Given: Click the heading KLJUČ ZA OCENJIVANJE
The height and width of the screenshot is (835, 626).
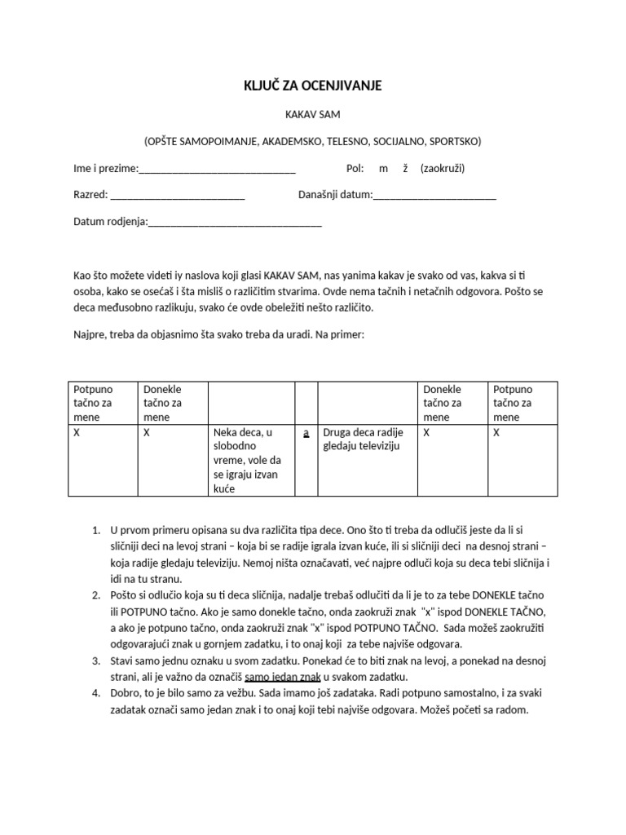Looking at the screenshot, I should pos(314,85).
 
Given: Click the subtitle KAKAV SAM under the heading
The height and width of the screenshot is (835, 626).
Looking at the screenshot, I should pos(314,115).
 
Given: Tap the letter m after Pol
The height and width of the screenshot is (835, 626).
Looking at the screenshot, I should pos(383,169).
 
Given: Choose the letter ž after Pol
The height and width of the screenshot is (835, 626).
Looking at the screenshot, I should pos(404,169).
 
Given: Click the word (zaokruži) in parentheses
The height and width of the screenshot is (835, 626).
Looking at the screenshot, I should pos(443,169).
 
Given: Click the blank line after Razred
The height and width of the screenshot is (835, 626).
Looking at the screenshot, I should pos(177,196).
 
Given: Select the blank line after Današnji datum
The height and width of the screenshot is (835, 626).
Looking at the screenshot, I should pos(434,196).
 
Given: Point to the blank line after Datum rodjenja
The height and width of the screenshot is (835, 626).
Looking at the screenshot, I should pos(235,222).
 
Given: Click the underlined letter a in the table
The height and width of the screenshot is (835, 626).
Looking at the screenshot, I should pos(306,434).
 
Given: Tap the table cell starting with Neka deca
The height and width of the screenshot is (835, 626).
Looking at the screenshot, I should pos(249,461).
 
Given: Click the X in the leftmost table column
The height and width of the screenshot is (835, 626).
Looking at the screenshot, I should pos(77,434).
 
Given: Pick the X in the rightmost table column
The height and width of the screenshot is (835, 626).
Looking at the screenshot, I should pos(497,434).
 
